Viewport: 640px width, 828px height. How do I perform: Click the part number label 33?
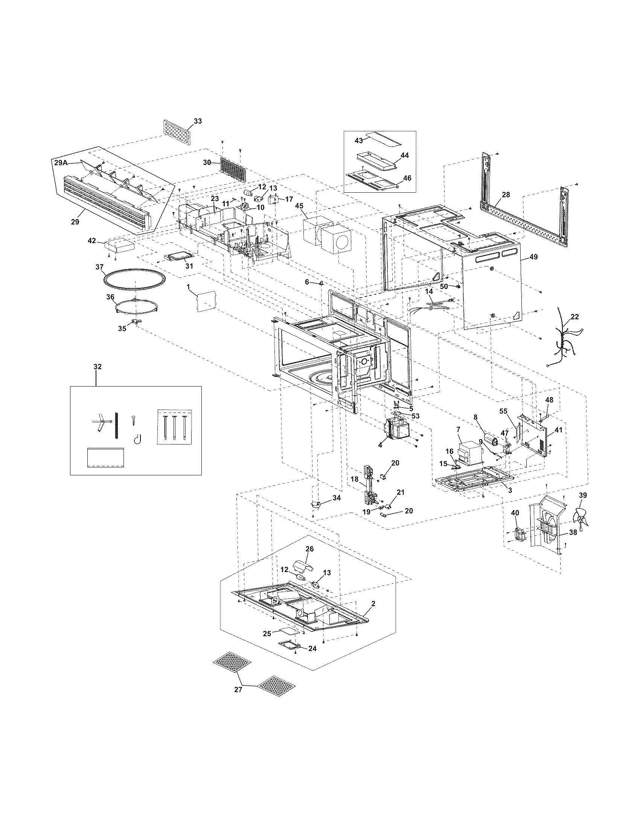point(198,121)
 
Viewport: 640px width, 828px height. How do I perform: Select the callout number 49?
point(533,257)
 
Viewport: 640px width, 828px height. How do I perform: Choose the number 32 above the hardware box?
point(98,367)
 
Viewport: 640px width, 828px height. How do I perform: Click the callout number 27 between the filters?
point(238,689)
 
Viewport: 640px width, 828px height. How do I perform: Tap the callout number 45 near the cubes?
point(299,206)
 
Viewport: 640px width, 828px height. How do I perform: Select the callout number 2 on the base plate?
point(373,603)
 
